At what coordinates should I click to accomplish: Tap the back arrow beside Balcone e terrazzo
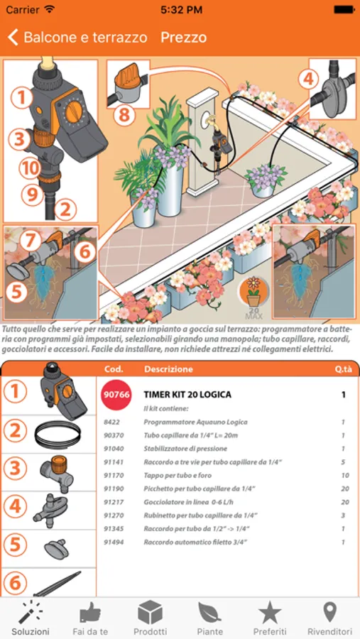click(13, 38)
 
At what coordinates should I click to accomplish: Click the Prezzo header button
click(183, 38)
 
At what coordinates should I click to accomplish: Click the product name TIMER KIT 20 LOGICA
click(187, 395)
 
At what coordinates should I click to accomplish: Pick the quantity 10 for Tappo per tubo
click(345, 476)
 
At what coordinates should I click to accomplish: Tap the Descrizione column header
click(168, 370)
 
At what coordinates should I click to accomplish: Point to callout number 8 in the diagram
click(124, 116)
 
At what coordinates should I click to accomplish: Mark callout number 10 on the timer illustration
click(30, 168)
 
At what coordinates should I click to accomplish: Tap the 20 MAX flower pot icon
click(253, 296)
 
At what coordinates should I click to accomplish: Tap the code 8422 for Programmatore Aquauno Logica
click(111, 422)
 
